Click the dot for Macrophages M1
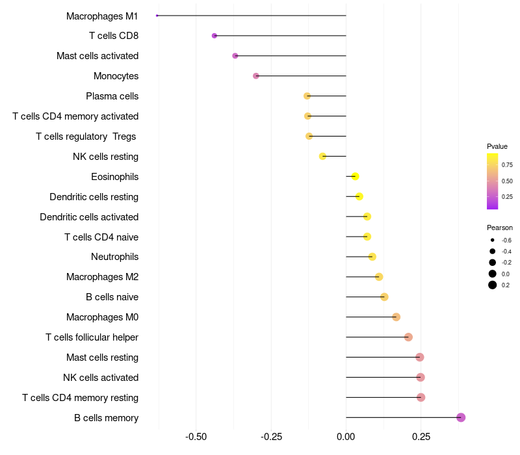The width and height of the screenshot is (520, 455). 157,16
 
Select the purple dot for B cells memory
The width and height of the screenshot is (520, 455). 461,417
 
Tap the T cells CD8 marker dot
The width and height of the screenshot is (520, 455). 214,36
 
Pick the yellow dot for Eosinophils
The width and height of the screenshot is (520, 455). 355,176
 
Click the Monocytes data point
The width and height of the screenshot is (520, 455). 256,76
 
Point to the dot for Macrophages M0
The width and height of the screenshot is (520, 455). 396,317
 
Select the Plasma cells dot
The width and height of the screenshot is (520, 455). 307,96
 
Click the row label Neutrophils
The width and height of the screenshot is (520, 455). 115,257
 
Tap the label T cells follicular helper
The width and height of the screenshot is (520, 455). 92,337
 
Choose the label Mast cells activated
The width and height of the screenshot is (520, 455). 97,56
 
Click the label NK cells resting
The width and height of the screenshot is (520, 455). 105,157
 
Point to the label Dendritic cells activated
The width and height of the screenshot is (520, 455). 89,217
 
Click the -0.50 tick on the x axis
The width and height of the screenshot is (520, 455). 196,436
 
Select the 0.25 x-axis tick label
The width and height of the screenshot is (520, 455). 421,436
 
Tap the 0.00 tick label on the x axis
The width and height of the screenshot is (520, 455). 346,436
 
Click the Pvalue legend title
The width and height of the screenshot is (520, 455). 497,146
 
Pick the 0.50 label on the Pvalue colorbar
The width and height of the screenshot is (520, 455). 507,181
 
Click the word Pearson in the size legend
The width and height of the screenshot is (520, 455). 499,227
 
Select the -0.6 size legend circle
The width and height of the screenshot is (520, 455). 493,240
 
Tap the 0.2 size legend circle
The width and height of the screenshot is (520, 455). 493,285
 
